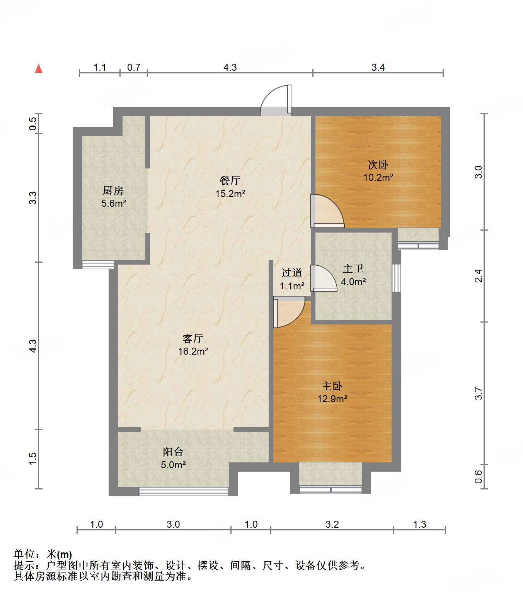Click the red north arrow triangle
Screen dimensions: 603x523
point(39,69)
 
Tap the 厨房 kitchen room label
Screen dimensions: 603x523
point(113,197)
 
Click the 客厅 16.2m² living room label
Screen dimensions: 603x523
point(193,345)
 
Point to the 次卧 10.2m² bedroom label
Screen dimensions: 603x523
point(378,171)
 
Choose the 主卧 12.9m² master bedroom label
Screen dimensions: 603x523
point(332,392)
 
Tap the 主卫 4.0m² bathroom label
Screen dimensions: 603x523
point(353,275)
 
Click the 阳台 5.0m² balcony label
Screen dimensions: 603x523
point(173,458)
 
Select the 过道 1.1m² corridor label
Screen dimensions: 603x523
point(292,279)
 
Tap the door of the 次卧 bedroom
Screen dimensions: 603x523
point(327,211)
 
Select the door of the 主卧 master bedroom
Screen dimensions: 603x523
point(288,312)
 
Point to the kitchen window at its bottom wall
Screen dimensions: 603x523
point(98,265)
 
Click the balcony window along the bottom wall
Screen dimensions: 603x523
point(184,491)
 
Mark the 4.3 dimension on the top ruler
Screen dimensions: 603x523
point(230,68)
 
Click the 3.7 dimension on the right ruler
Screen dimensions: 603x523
point(479,393)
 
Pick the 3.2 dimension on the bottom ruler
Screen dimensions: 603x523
point(332,524)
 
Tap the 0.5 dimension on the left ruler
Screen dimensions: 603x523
point(33,124)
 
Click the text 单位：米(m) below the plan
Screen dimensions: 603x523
point(43,554)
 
